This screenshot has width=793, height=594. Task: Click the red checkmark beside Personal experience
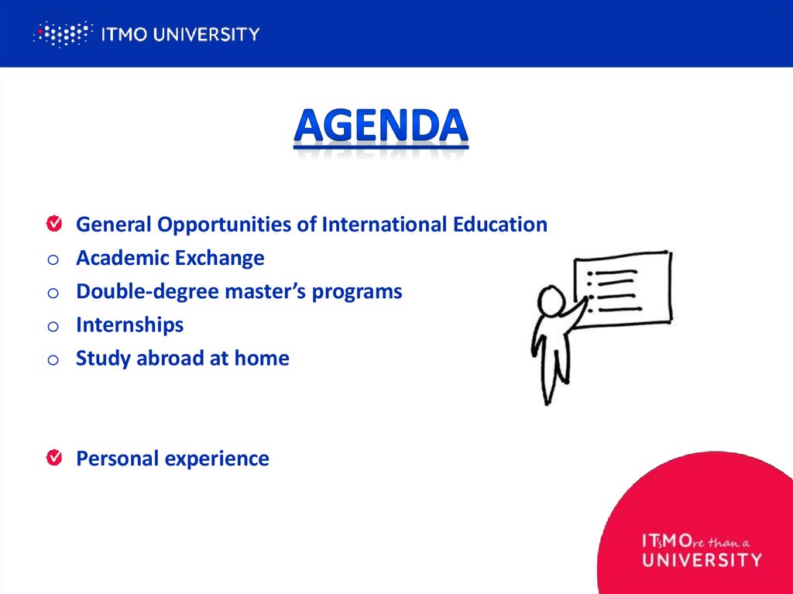click(x=53, y=458)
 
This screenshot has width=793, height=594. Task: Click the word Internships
click(x=129, y=324)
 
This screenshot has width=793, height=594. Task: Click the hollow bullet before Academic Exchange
click(x=53, y=259)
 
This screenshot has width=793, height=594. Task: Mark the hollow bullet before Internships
click(x=53, y=326)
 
